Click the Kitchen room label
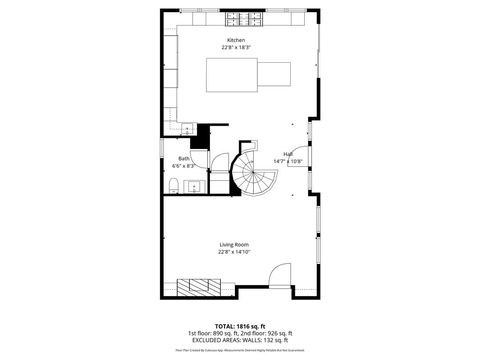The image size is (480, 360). pos(235,40)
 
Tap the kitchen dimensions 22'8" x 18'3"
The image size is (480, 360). pos(235,47)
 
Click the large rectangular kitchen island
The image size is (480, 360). pos(248,75)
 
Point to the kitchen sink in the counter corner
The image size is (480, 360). pos(187,127)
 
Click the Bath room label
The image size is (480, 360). pos(184,158)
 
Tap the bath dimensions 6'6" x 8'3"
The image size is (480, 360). pos(184,165)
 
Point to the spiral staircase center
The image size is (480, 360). pos(251,176)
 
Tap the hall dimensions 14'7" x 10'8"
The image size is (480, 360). pos(288,160)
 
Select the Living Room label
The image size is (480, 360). pos(235,245)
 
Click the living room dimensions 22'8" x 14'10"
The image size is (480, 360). pos(235,252)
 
